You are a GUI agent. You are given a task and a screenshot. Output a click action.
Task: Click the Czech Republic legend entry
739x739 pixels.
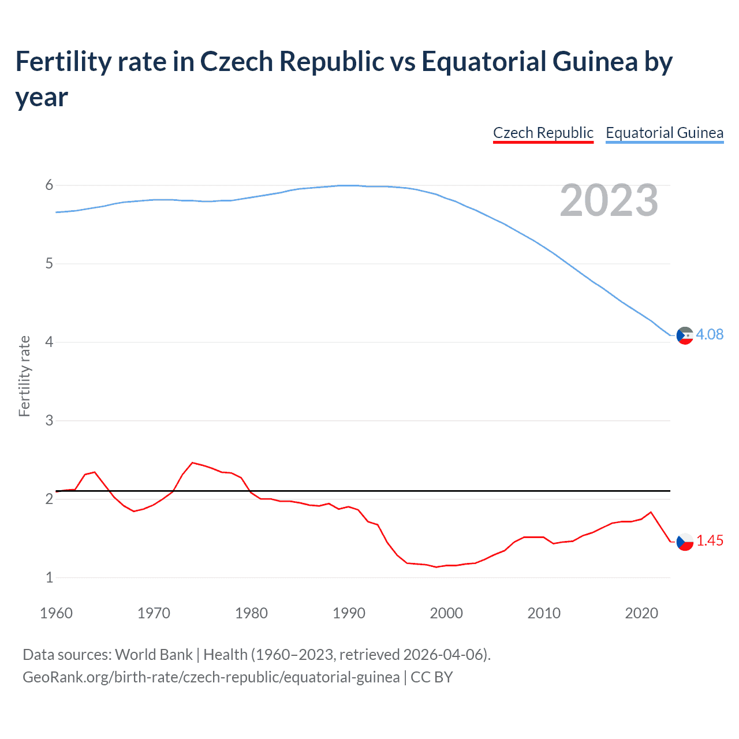(x=543, y=133)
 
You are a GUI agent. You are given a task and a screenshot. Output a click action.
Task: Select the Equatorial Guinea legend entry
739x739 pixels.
(x=664, y=133)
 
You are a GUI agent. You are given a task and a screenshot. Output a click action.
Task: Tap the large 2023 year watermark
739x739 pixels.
(x=609, y=200)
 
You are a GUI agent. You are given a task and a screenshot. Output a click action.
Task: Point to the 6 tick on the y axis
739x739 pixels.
(x=49, y=185)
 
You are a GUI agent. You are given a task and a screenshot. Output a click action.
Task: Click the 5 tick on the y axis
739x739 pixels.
(x=49, y=264)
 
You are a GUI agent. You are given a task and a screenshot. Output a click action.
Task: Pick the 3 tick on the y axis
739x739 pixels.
(x=49, y=421)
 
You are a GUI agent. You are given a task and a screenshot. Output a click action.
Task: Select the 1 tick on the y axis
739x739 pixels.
(x=49, y=577)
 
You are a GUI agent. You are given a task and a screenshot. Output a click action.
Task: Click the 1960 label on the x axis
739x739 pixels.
(x=56, y=613)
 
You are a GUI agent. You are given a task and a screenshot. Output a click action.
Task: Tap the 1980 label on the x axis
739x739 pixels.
(x=251, y=613)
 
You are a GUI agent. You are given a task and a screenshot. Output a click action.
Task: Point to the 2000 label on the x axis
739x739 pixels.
(x=446, y=613)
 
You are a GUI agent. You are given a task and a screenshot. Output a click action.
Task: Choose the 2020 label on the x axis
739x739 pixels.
(x=641, y=613)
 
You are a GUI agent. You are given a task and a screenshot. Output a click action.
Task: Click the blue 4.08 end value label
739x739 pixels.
(x=710, y=335)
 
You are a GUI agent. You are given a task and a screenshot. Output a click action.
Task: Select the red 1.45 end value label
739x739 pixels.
(x=710, y=541)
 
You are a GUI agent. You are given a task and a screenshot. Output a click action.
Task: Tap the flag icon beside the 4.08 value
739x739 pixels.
(x=685, y=335)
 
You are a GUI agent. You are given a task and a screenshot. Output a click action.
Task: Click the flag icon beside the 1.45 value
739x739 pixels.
(x=685, y=542)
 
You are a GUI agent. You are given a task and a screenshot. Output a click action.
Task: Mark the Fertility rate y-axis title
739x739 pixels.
(x=24, y=376)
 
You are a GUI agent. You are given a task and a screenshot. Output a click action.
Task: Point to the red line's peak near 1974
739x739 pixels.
(x=193, y=462)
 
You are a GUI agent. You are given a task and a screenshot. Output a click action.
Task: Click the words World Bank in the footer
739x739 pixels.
(x=154, y=655)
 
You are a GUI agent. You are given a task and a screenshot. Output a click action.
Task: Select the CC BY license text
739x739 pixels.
(x=431, y=677)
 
